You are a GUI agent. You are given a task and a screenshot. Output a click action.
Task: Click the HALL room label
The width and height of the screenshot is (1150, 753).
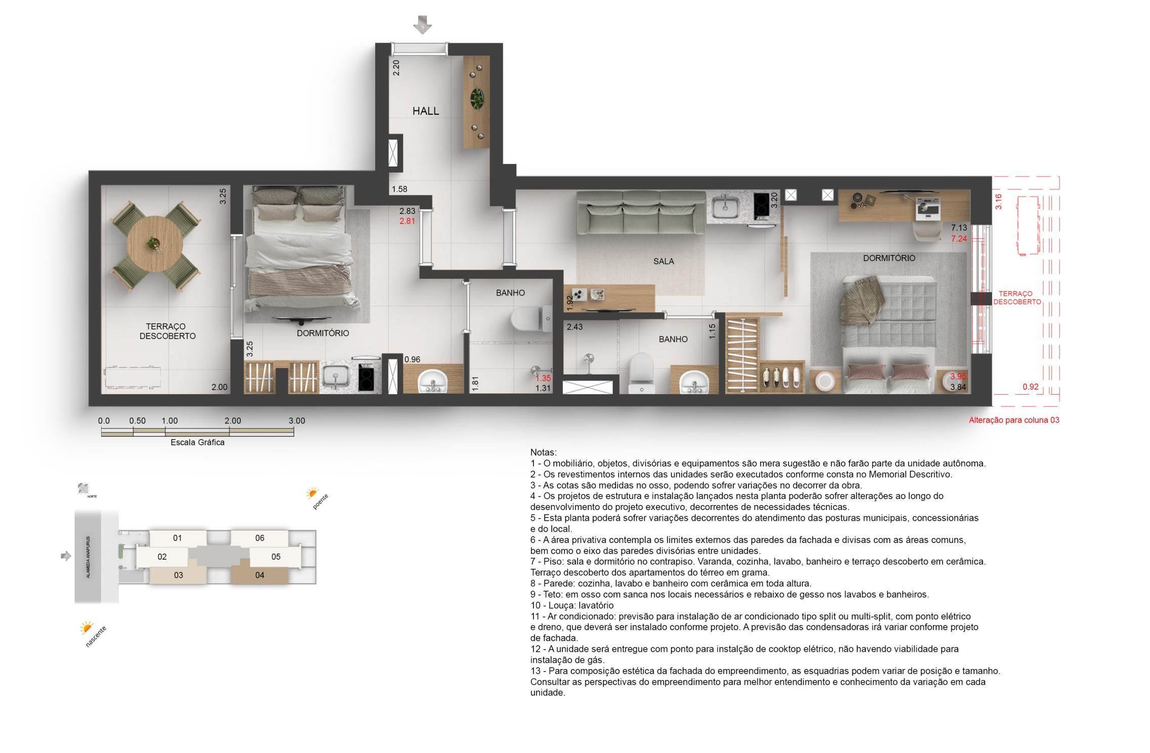[x=425, y=111]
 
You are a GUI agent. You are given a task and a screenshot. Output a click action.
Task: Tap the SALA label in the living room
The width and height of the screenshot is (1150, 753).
[x=664, y=261]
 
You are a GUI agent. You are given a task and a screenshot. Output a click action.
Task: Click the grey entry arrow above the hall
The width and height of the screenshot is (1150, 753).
[x=422, y=24]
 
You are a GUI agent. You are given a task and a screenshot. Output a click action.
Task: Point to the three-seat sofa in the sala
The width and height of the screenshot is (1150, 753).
[x=641, y=213]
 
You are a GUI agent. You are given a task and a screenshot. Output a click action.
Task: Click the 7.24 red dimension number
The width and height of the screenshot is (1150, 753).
[x=959, y=239]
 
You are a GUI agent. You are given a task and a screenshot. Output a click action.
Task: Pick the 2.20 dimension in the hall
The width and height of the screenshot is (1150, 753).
[x=396, y=68]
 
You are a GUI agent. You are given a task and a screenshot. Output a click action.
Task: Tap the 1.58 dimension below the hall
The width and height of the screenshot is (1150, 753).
[x=399, y=189]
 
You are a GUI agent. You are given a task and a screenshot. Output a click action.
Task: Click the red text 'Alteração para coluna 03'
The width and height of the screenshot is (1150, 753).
[x=1014, y=420]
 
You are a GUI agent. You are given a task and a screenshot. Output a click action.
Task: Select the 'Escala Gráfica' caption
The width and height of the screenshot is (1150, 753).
[x=197, y=442]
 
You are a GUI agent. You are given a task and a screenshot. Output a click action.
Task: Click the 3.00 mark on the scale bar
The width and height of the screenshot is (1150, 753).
[x=297, y=421]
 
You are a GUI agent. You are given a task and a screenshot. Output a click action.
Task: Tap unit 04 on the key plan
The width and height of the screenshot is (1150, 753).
[x=259, y=575]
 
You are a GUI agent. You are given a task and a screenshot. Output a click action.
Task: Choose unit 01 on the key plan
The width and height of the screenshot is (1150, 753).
[x=177, y=538]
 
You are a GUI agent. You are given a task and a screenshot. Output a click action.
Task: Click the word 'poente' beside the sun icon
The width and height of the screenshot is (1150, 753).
[x=321, y=501]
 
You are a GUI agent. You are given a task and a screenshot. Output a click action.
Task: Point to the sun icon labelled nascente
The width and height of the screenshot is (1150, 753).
[x=87, y=628]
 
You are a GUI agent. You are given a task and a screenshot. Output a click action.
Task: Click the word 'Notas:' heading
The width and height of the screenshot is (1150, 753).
[x=543, y=452]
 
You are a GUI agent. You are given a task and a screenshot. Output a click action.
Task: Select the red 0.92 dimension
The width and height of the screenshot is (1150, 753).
[x=1031, y=387]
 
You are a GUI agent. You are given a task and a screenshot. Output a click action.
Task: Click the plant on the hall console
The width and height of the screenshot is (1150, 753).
[x=476, y=98]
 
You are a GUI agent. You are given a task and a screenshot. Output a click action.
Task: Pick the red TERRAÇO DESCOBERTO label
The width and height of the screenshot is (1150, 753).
[x=1017, y=298]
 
